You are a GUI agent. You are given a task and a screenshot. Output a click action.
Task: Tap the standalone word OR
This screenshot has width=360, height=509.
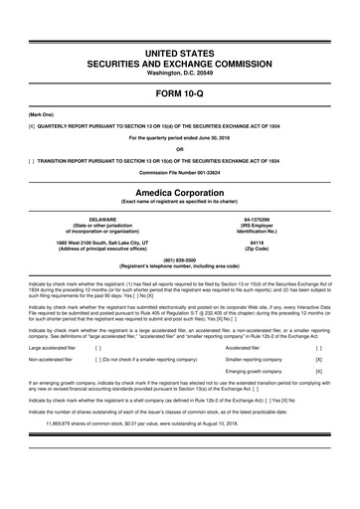click(179, 150)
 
